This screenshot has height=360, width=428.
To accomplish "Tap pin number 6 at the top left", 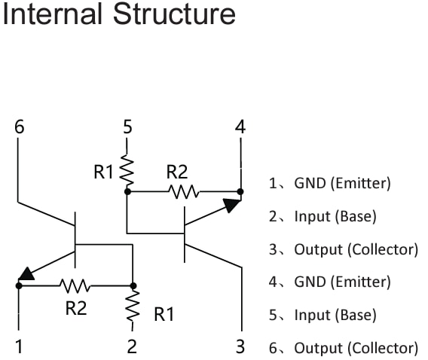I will [19, 127].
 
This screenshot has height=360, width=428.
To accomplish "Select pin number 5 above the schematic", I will [127, 127].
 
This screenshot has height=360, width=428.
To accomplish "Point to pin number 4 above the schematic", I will [240, 127].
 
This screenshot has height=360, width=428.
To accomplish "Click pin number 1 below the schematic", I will [19, 347].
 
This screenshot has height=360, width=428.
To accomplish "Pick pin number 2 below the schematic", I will [132, 347].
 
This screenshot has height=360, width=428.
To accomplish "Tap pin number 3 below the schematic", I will [240, 347].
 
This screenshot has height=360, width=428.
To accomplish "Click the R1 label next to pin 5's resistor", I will [103, 172].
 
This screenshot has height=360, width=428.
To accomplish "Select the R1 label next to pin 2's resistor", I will [164, 315].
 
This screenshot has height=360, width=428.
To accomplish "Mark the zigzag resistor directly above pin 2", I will [133, 305].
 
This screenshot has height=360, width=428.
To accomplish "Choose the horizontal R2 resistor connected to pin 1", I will [75, 285].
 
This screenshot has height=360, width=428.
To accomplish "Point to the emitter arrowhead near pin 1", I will [26, 274].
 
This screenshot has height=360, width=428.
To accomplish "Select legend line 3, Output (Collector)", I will [343, 249].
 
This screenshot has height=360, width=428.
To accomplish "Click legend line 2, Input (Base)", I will [323, 217].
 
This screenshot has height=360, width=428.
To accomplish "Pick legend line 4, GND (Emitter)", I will [330, 282].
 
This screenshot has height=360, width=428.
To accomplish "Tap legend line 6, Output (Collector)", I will [343, 348].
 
